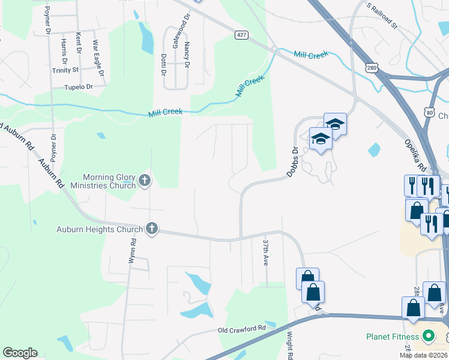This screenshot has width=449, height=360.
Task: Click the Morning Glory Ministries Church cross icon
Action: pyautogui.click(x=144, y=180)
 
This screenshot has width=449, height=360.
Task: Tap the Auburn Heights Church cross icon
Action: pyautogui.click(x=152, y=229)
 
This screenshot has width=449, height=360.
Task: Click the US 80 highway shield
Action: pyautogui.click(x=428, y=112)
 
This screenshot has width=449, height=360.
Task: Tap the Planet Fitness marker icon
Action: pyautogui.click(x=428, y=337)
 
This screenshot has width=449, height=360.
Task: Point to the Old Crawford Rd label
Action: pyautogui.click(x=241, y=329)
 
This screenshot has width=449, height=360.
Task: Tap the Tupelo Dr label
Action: pyautogui.click(x=79, y=87)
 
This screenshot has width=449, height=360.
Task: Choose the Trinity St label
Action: pyautogui.click(x=65, y=70)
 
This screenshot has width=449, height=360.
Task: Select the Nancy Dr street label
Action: pyautogui.click(x=187, y=54)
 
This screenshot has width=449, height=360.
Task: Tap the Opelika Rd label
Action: pyautogui.click(x=414, y=153)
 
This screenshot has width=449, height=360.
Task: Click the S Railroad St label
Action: pyautogui.click(x=382, y=16)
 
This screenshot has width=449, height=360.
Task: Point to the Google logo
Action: pyautogui.click(x=20, y=353)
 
